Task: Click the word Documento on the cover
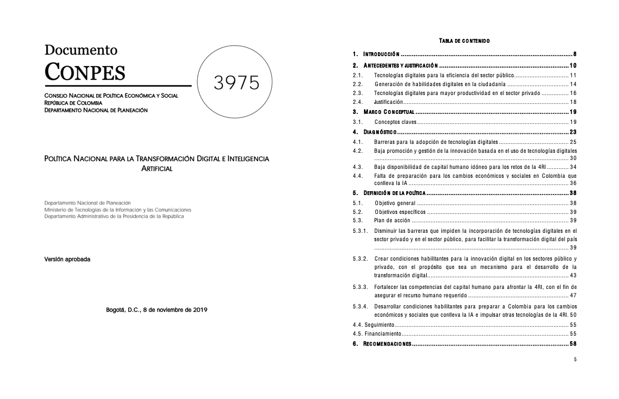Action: pyautogui.click(x=81, y=50)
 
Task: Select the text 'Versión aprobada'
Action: pyautogui.click(x=67, y=260)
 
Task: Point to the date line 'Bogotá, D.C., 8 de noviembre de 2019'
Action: pyautogui.click(x=157, y=310)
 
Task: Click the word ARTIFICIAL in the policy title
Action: pyautogui.click(x=157, y=168)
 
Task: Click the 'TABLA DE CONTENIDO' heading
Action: pyautogui.click(x=464, y=41)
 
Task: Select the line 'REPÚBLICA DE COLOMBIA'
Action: pyautogui.click(x=73, y=103)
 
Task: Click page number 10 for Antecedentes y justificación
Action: pyautogui.click(x=573, y=66)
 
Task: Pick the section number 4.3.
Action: pyautogui.click(x=358, y=167)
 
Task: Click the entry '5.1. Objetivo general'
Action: pyautogui.click(x=395, y=203)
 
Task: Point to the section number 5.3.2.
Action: pyautogui.click(x=361, y=259)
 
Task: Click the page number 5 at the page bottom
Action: pyautogui.click(x=575, y=359)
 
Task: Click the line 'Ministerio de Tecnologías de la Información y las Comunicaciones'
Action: pyautogui.click(x=118, y=210)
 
